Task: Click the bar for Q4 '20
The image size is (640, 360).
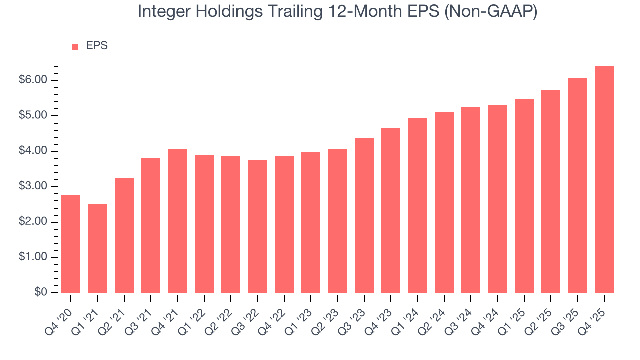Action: point(71,244)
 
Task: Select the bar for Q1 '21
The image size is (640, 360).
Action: point(98,248)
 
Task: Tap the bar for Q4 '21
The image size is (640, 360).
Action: point(178,221)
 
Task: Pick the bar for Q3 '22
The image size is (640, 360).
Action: point(258,226)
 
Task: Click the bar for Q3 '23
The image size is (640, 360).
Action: point(364,215)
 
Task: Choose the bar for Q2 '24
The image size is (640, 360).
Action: point(444,202)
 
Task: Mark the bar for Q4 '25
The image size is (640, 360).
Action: point(604,180)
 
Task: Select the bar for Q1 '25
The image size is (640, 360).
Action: point(524,196)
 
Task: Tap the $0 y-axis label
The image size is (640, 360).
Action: point(41,293)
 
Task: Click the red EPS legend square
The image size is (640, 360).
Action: point(75,46)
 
